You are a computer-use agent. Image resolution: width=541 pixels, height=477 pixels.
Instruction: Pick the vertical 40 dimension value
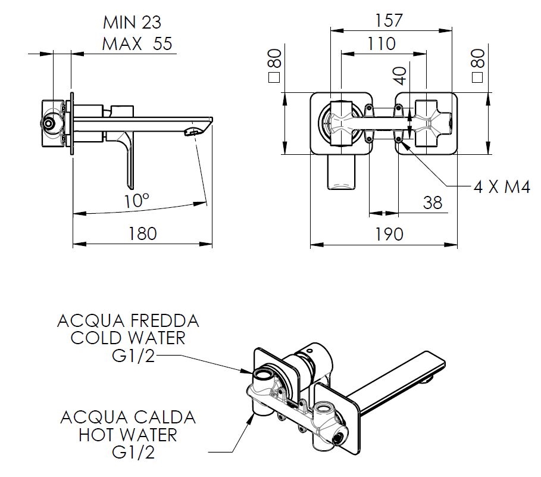400,76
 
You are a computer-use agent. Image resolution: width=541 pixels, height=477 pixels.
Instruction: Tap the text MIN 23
132,23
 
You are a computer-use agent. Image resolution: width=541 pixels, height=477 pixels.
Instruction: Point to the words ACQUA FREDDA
128,321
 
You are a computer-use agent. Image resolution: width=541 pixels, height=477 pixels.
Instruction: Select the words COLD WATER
128,339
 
